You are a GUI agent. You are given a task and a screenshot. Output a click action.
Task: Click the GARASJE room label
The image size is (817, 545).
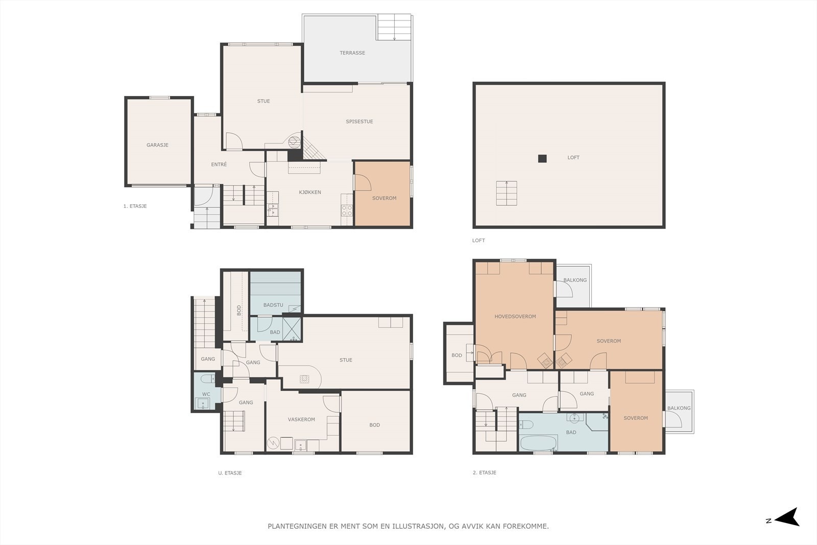[158, 145]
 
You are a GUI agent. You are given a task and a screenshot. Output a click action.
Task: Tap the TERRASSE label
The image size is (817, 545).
[352, 53]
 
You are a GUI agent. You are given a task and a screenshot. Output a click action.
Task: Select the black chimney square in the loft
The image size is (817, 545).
[542, 159]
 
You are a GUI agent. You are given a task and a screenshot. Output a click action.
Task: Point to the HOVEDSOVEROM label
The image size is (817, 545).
[515, 316]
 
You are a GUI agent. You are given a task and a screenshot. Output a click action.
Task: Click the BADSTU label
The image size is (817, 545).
[273, 305]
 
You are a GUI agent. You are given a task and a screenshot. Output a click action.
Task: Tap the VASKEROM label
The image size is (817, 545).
[301, 419]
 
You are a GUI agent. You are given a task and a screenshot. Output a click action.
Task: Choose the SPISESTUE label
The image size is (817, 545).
[359, 122]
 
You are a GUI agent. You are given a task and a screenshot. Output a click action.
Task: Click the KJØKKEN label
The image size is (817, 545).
[310, 192]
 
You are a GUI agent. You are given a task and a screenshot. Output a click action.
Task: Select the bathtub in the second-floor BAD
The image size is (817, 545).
[538, 443]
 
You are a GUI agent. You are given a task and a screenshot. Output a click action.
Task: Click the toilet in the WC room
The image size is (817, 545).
[207, 378]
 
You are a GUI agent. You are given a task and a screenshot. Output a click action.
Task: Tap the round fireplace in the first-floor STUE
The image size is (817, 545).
[294, 142]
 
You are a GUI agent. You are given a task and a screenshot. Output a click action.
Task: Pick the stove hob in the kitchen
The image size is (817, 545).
[347, 210]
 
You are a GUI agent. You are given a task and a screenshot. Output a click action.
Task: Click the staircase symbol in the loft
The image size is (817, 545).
[507, 193]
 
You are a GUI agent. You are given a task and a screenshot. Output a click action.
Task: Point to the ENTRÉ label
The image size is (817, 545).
[219, 164]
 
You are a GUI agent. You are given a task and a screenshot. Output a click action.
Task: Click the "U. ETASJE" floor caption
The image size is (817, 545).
[230, 473]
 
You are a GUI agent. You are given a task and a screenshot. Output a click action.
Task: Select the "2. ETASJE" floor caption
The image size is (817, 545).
[485, 472]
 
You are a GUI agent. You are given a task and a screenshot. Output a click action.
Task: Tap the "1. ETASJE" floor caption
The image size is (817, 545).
[135, 206]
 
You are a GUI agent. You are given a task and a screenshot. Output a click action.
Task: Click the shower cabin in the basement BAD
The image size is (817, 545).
[292, 329]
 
